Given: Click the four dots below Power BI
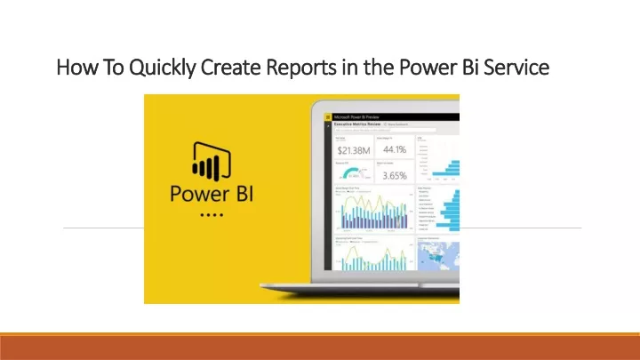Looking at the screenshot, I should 211,214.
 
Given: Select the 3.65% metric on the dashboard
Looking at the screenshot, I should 394,175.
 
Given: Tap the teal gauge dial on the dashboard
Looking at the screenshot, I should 355,173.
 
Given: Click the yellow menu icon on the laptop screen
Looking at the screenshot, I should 327,116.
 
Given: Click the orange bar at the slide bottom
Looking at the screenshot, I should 320,348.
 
